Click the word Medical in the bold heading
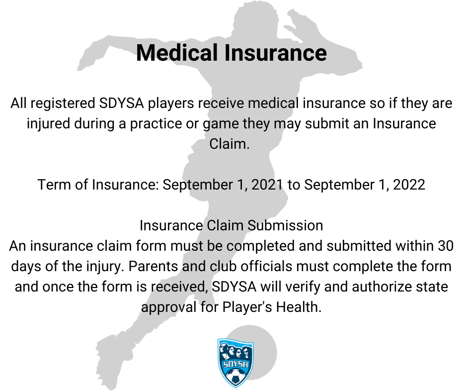177,53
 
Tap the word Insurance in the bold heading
276,53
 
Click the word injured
48,124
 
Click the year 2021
267,185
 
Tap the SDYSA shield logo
235,363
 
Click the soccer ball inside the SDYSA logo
235,376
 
